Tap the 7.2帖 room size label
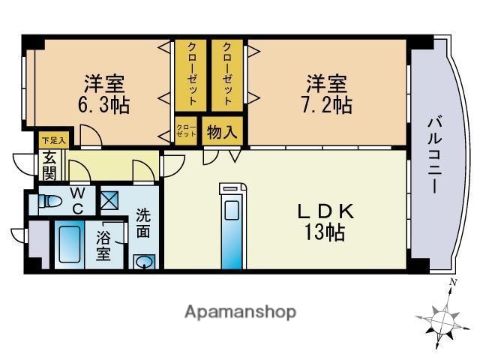(328, 103)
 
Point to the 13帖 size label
(324, 232)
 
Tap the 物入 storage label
(222, 133)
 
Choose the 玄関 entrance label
(49, 166)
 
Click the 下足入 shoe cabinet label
(53, 140)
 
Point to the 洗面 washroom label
(143, 223)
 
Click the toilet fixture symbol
(51, 201)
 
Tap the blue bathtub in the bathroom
(73, 243)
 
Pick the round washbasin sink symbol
(144, 262)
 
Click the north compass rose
(444, 321)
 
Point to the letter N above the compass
(452, 283)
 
